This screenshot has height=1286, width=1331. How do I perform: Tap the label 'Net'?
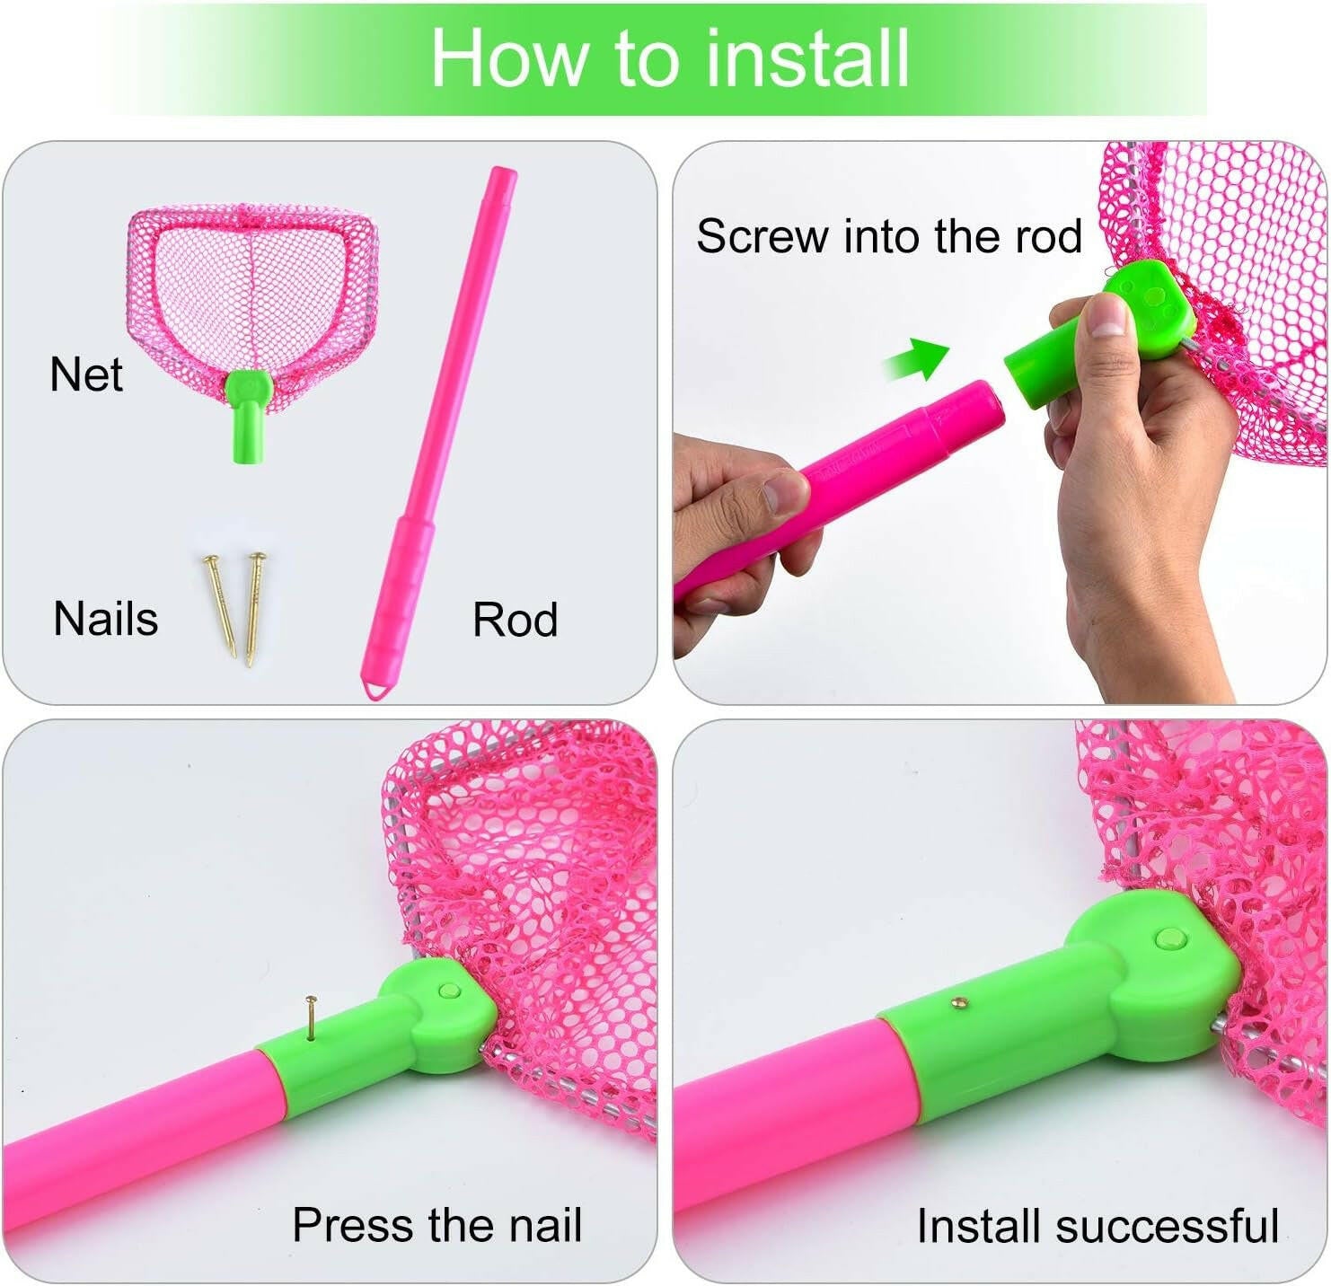86,374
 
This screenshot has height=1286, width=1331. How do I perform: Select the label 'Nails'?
106,619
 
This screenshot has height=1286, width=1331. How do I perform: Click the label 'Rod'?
515,620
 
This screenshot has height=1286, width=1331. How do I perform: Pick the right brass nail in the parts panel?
254,609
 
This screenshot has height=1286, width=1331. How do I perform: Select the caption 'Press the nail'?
437,1225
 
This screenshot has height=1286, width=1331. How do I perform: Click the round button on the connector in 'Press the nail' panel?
448,991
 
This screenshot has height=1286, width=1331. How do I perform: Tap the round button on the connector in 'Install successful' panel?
1170,939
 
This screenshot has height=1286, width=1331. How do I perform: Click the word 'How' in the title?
509,58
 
